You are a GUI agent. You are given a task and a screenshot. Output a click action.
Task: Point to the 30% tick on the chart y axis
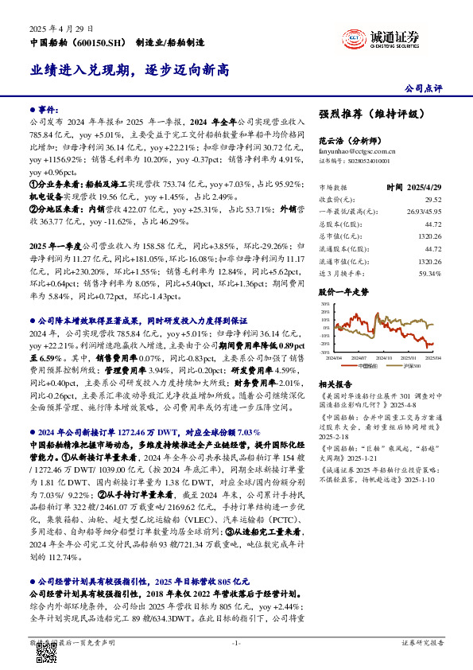coord(325,304)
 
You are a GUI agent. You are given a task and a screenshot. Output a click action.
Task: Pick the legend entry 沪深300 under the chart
coord(409,366)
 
